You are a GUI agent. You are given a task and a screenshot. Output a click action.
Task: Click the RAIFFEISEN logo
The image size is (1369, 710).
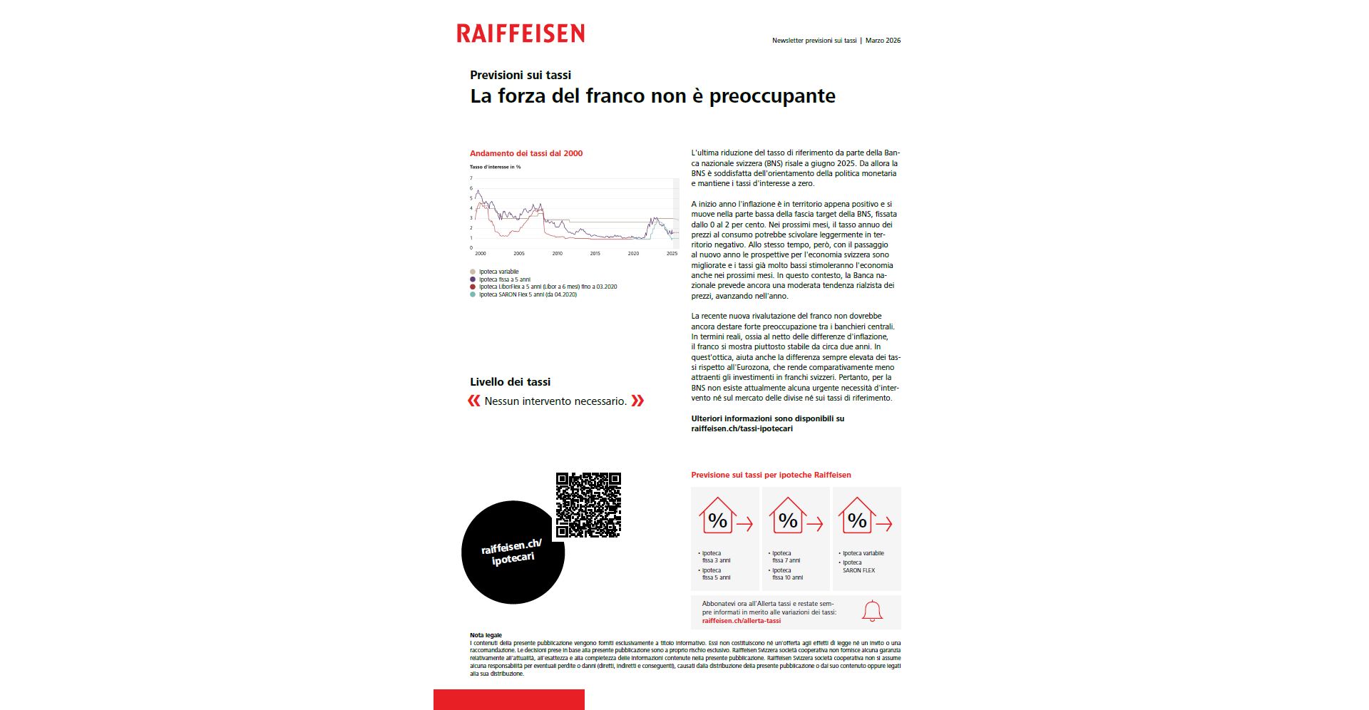pyautogui.click(x=521, y=34)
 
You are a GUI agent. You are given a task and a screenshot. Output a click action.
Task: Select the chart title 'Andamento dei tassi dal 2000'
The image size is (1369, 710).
pyautogui.click(x=526, y=153)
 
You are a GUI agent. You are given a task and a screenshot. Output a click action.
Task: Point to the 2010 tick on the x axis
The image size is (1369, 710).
pyautogui.click(x=557, y=253)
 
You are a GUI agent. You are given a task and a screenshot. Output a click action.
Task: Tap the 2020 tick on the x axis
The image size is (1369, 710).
pyautogui.click(x=633, y=253)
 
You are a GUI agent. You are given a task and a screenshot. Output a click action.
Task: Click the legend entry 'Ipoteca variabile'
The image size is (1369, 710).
pyautogui.click(x=498, y=272)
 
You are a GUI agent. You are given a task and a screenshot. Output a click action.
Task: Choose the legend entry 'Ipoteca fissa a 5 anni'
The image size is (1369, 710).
pyautogui.click(x=504, y=279)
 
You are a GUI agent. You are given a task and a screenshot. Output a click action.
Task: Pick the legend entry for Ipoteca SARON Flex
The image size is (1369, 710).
pyautogui.click(x=527, y=294)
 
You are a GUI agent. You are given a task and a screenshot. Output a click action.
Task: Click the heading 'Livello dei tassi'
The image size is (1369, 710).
pyautogui.click(x=510, y=382)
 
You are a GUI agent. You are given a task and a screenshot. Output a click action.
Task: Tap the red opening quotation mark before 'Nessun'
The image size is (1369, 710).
pyautogui.click(x=474, y=401)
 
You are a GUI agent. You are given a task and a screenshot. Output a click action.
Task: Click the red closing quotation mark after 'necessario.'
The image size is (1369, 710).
pyautogui.click(x=637, y=401)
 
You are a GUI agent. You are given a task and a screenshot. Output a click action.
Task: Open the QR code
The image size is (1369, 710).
pyautogui.click(x=588, y=505)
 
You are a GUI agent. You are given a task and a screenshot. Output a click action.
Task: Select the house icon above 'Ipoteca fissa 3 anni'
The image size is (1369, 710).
pyautogui.click(x=717, y=517)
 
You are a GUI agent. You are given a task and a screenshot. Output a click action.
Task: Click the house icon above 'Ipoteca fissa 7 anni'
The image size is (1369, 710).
pyautogui.click(x=787, y=517)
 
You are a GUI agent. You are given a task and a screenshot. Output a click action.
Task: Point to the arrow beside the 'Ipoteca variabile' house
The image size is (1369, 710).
pyautogui.click(x=884, y=525)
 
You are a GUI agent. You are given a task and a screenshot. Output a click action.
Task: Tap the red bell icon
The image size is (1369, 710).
pyautogui.click(x=872, y=611)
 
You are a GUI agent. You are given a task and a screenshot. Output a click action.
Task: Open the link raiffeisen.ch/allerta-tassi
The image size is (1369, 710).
pyautogui.click(x=741, y=621)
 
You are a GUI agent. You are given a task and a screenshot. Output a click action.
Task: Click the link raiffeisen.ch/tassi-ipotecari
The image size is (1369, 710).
pyautogui.click(x=742, y=429)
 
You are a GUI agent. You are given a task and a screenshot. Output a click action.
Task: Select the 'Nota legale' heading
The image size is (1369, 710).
pyautogui.click(x=486, y=635)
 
